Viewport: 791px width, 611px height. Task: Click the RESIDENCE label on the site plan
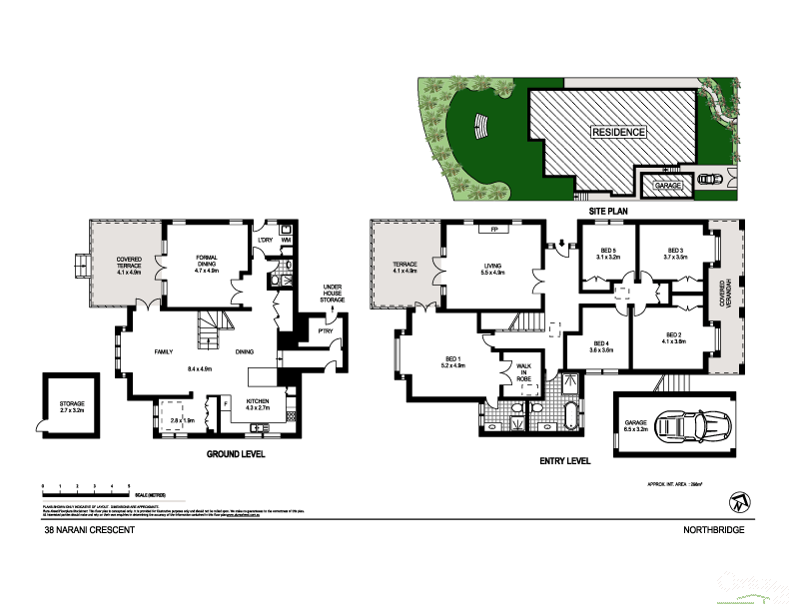[x=619, y=132]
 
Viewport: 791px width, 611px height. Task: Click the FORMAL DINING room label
[x=206, y=265]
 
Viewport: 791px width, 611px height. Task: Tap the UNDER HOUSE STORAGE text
[x=333, y=296]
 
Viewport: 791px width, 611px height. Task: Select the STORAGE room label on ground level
[x=71, y=406]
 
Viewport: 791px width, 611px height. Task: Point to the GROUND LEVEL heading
[x=236, y=454]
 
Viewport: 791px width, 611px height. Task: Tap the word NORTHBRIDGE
[x=713, y=531]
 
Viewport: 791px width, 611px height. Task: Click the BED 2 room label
[x=673, y=338]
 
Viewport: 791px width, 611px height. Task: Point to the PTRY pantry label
[x=326, y=330]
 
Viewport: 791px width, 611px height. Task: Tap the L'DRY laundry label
[x=265, y=241]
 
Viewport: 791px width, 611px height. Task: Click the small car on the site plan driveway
[x=711, y=180]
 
